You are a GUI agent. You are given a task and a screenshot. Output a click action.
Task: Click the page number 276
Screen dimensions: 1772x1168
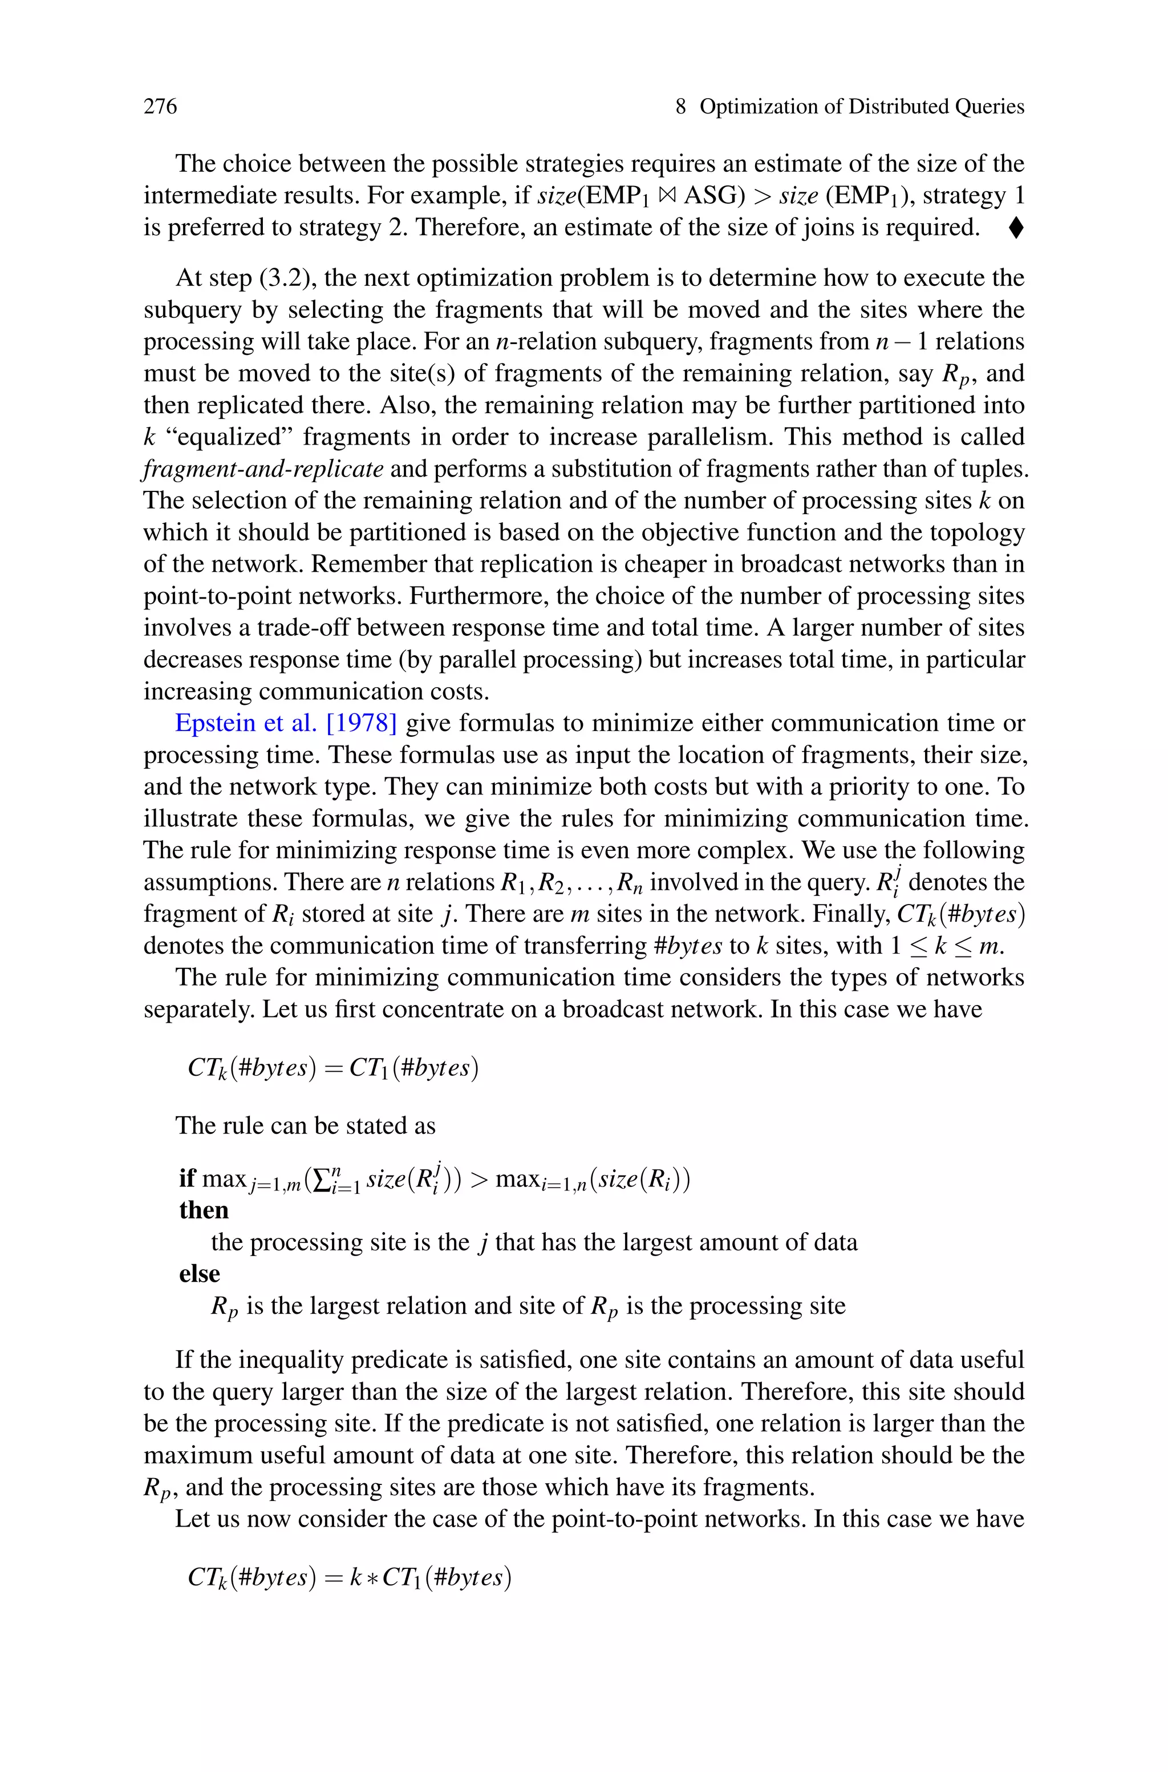(160, 107)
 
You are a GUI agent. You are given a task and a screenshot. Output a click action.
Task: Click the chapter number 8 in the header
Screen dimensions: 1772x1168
(680, 107)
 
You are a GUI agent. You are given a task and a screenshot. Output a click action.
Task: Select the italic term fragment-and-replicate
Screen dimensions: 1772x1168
(263, 469)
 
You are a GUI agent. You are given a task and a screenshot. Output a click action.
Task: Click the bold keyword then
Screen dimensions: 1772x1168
(204, 1210)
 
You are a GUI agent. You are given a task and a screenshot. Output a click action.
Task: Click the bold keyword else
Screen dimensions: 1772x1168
(199, 1273)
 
